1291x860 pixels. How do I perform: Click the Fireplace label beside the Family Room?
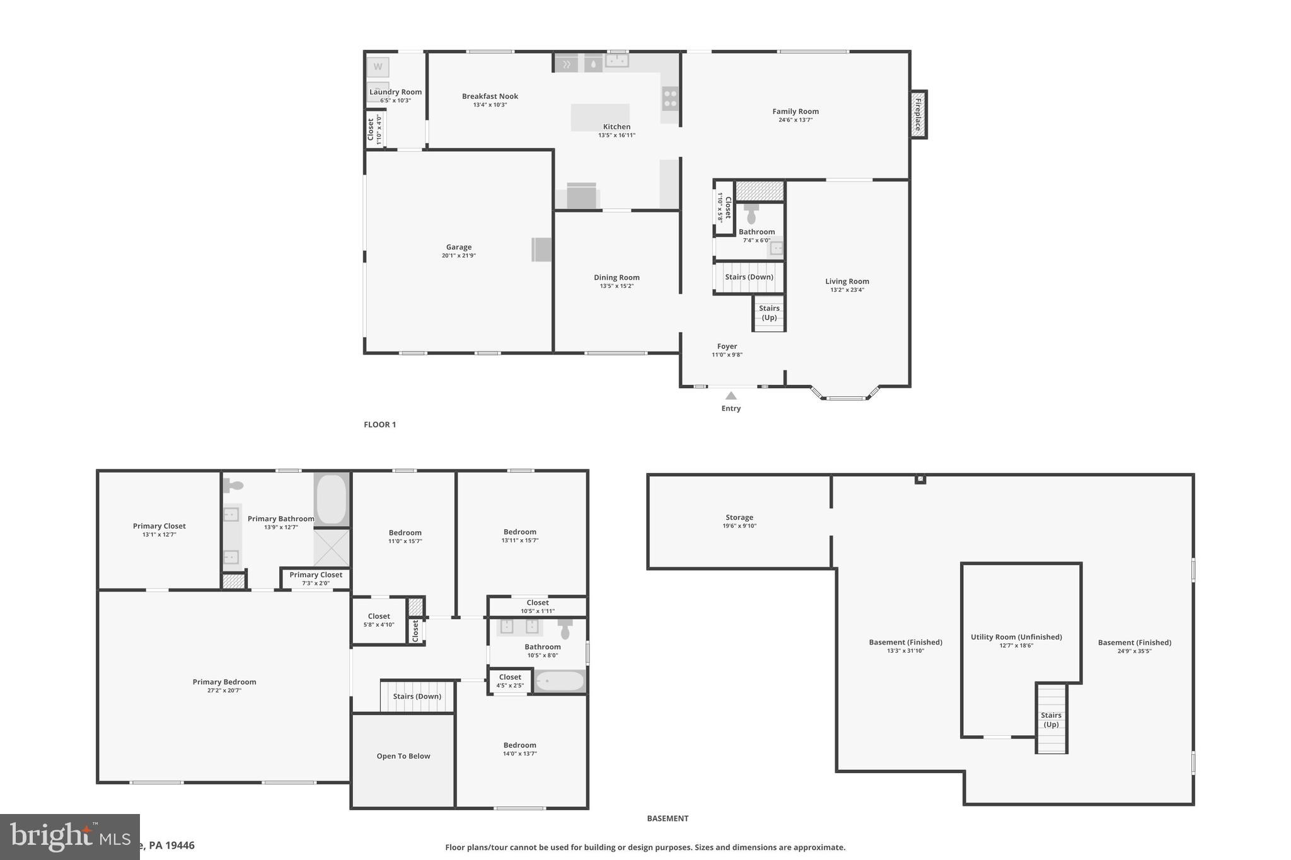[x=918, y=115]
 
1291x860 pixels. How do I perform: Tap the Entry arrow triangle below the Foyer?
[x=731, y=396]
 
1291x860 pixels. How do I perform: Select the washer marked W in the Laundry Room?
[x=378, y=67]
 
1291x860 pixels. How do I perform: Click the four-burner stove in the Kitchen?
[x=670, y=99]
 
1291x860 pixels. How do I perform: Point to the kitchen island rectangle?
[x=600, y=117]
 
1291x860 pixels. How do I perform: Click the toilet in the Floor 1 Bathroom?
[x=751, y=214]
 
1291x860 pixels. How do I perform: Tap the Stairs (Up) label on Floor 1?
[x=769, y=312]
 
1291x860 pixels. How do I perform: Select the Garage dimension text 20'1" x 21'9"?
[x=458, y=256]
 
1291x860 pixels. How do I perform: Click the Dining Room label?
[x=617, y=277]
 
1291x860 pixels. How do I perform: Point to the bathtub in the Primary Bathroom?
[x=331, y=499]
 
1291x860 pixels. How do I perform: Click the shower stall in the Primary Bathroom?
[x=331, y=548]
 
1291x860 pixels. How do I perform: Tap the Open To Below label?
[x=403, y=756]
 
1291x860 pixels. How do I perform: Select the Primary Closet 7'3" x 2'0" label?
[x=316, y=578]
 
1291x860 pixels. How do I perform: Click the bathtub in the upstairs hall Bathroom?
[x=560, y=681]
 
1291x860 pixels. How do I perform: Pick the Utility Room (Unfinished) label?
[x=1016, y=637]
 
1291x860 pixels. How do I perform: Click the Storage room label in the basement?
[x=739, y=517]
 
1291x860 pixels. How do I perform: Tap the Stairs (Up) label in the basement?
[x=1051, y=720]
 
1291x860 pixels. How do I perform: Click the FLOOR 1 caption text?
[x=379, y=425]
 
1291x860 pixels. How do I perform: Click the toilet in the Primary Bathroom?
[x=234, y=485]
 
